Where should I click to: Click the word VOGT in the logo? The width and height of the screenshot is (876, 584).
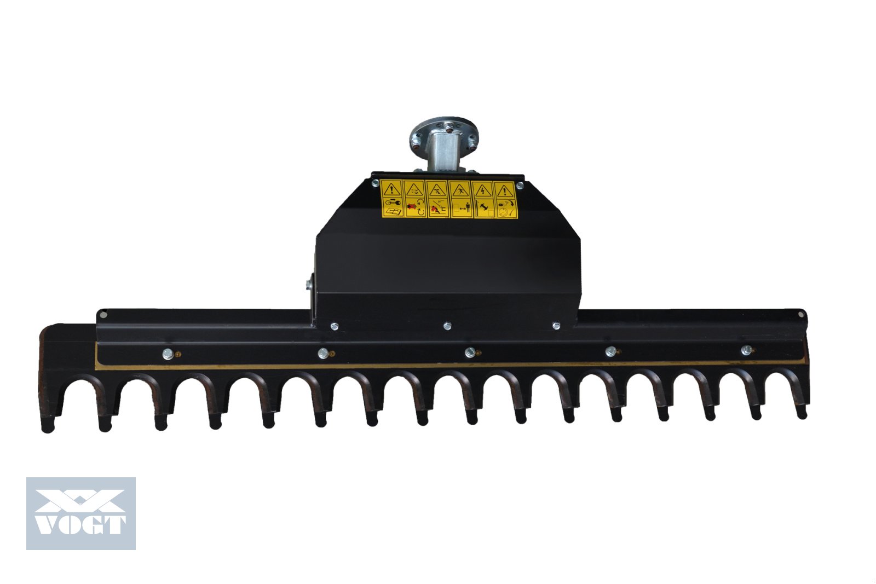click(x=80, y=524)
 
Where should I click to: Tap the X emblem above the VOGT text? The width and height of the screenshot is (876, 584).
click(x=80, y=500)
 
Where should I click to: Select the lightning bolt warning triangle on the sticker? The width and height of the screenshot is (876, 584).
click(x=482, y=191)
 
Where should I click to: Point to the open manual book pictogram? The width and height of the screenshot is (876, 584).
click(x=392, y=211)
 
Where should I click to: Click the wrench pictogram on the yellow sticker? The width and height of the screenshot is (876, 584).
click(x=392, y=202)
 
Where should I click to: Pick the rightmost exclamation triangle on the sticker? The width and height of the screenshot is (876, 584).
click(x=505, y=191)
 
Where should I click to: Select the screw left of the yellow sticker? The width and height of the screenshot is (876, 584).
click(x=375, y=184)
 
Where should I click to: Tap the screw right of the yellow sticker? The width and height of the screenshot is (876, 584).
click(x=520, y=186)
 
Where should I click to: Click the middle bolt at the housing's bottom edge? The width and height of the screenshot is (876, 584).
click(x=447, y=326)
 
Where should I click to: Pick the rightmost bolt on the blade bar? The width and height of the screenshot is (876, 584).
click(x=745, y=350)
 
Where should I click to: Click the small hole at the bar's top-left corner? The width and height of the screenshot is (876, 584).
click(x=102, y=314)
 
